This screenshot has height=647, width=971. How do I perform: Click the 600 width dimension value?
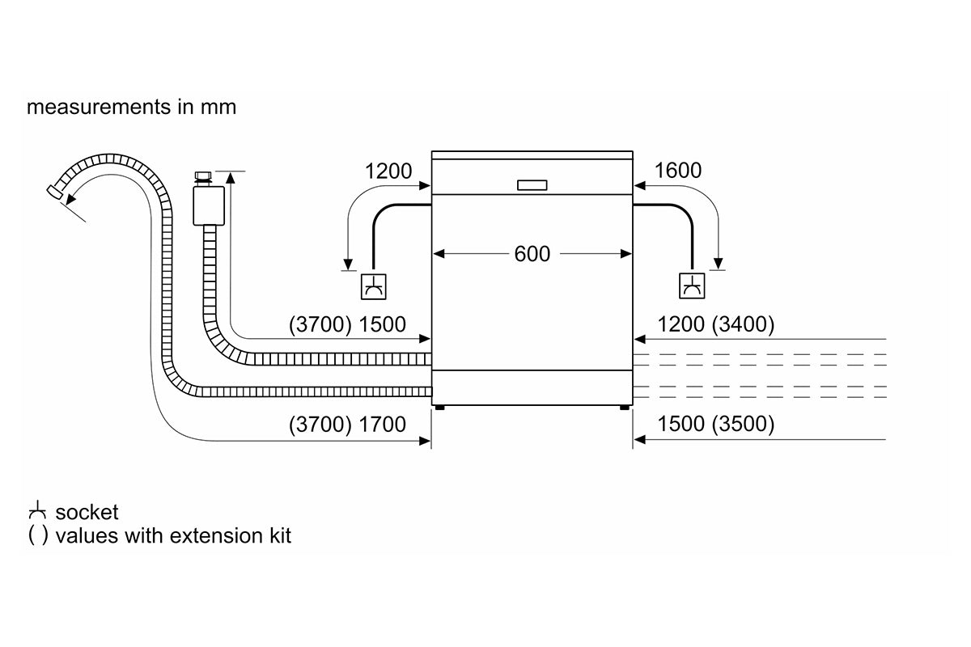(532, 254)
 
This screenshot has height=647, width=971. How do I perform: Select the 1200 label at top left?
(388, 171)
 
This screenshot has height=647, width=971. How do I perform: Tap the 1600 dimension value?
(677, 171)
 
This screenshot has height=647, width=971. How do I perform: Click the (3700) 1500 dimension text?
(347, 325)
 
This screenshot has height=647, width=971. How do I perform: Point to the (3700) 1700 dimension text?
(347, 424)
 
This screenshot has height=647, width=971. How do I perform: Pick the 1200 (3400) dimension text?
(716, 325)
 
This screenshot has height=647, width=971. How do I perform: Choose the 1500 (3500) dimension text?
(716, 424)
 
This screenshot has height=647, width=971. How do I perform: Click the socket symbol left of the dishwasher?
(373, 285)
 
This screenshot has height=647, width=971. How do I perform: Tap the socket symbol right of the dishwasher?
(692, 285)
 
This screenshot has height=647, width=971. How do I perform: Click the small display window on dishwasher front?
(532, 185)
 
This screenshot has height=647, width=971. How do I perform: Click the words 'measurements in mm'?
(131, 107)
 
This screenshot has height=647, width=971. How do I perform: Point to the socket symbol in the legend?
(37, 512)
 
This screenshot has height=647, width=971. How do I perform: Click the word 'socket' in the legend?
(87, 512)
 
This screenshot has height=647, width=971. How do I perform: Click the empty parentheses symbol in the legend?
(37, 535)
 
